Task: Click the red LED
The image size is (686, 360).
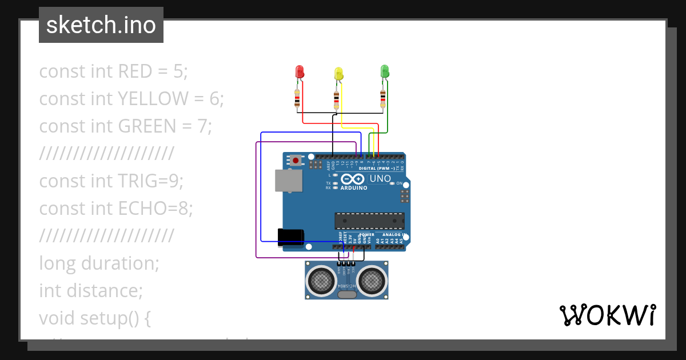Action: [x=300, y=71]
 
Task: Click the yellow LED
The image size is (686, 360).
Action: [x=338, y=73]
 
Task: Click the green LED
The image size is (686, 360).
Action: [x=385, y=71]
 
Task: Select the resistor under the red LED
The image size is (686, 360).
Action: [x=297, y=99]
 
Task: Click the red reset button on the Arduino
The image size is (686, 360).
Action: [x=296, y=161]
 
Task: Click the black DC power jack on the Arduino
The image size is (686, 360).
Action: [x=290, y=237]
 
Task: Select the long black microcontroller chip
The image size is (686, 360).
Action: [x=369, y=221]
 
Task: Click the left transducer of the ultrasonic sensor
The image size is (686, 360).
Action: [x=322, y=280]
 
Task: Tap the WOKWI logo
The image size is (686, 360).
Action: [x=607, y=315]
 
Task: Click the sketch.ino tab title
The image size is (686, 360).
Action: [x=101, y=25]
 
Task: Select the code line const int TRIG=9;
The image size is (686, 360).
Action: [x=111, y=181]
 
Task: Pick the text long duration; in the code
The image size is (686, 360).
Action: [x=99, y=263]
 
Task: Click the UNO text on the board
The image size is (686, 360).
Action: [x=380, y=178]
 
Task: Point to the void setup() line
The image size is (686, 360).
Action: [x=94, y=318]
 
